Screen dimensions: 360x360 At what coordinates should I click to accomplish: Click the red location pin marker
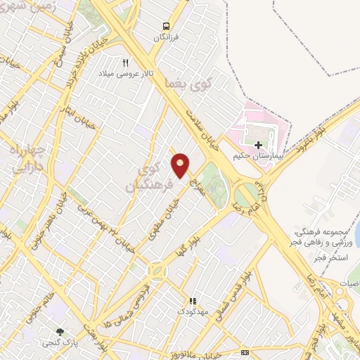tap(181, 166)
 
